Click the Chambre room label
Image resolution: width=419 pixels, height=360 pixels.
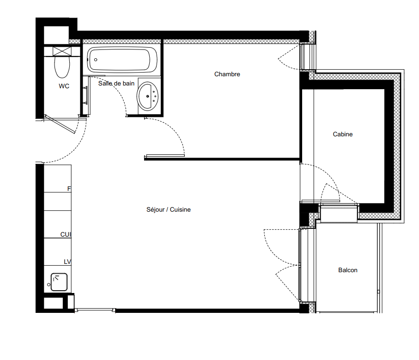tap(227, 74)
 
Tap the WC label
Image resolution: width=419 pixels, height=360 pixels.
tap(64, 86)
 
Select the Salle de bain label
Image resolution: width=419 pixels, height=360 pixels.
tap(116, 83)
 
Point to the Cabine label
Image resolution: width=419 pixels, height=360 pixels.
tap(343, 134)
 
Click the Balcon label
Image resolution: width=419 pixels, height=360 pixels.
tap(348, 270)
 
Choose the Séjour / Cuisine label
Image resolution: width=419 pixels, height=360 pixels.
tap(168, 209)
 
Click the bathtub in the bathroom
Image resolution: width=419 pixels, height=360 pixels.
tap(122, 60)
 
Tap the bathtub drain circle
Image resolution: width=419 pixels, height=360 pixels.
tap(96, 60)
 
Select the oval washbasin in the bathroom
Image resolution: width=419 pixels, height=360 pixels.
tap(147, 96)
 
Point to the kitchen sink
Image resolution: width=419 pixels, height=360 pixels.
tap(59, 282)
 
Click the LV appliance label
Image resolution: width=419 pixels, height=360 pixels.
tap(67, 262)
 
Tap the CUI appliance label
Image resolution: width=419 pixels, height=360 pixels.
tap(66, 234)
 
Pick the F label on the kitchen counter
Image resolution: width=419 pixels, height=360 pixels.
tap(69, 189)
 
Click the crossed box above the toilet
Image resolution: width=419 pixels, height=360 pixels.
tap(62, 51)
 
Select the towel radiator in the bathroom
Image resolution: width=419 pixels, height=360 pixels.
tap(85, 95)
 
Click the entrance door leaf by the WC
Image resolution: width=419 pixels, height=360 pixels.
tap(60, 124)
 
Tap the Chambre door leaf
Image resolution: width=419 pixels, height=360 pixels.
tap(165, 156)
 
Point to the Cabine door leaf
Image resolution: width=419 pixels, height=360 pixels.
tap(321, 201)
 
